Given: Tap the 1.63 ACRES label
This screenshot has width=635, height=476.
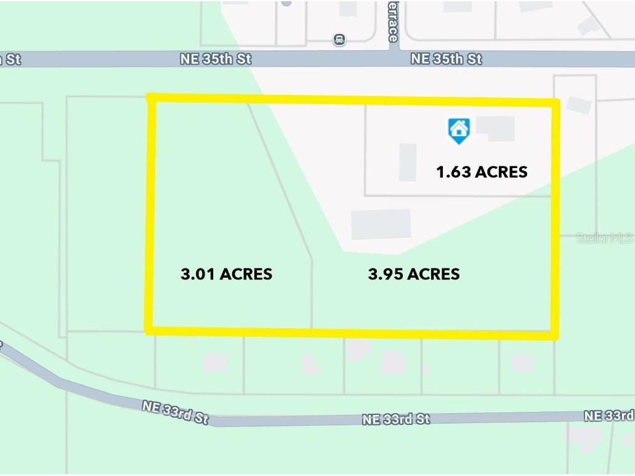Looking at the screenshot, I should pyautogui.click(x=482, y=172).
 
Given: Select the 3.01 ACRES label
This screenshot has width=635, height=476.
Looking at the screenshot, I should pyautogui.click(x=226, y=274).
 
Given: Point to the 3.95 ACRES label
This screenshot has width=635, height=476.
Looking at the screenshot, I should pyautogui.click(x=413, y=274).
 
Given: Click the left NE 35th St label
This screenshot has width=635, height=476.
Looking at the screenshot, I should pyautogui.click(x=216, y=59).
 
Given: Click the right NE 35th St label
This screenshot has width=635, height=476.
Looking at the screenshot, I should pyautogui.click(x=447, y=59).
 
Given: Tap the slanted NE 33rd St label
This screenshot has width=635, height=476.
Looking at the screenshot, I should pyautogui.click(x=175, y=412).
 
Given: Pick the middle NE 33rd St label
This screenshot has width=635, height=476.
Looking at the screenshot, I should pyautogui.click(x=396, y=419).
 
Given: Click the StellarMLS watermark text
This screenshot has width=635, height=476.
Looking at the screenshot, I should pyautogui.click(x=604, y=238).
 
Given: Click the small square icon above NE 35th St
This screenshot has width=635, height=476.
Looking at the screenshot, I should pyautogui.click(x=339, y=40).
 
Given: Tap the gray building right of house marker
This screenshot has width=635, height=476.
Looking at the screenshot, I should pyautogui.click(x=496, y=128).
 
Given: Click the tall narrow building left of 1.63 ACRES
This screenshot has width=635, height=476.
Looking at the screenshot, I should pyautogui.click(x=407, y=162).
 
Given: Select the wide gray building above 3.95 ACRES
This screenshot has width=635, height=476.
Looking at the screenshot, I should pyautogui.click(x=381, y=224).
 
